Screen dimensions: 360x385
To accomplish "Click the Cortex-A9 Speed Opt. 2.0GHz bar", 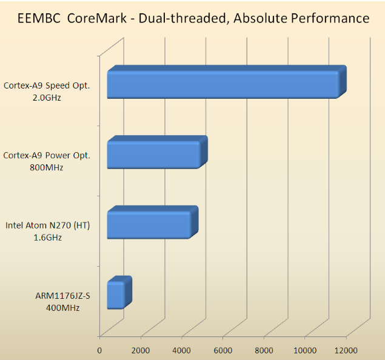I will point(222,84).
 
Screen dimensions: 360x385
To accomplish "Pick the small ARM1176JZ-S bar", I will point(116,295).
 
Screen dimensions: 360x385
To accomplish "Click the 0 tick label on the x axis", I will point(100,350).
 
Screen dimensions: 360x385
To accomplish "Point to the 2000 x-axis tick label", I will point(141,350).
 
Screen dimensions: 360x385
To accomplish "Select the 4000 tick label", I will point(182,350).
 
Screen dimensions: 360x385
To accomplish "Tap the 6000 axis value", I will point(223,350).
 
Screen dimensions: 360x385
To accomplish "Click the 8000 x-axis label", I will point(264,350).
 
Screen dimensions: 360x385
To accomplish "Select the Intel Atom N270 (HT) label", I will point(47,225).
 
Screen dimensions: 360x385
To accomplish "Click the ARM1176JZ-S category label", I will point(62,296).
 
